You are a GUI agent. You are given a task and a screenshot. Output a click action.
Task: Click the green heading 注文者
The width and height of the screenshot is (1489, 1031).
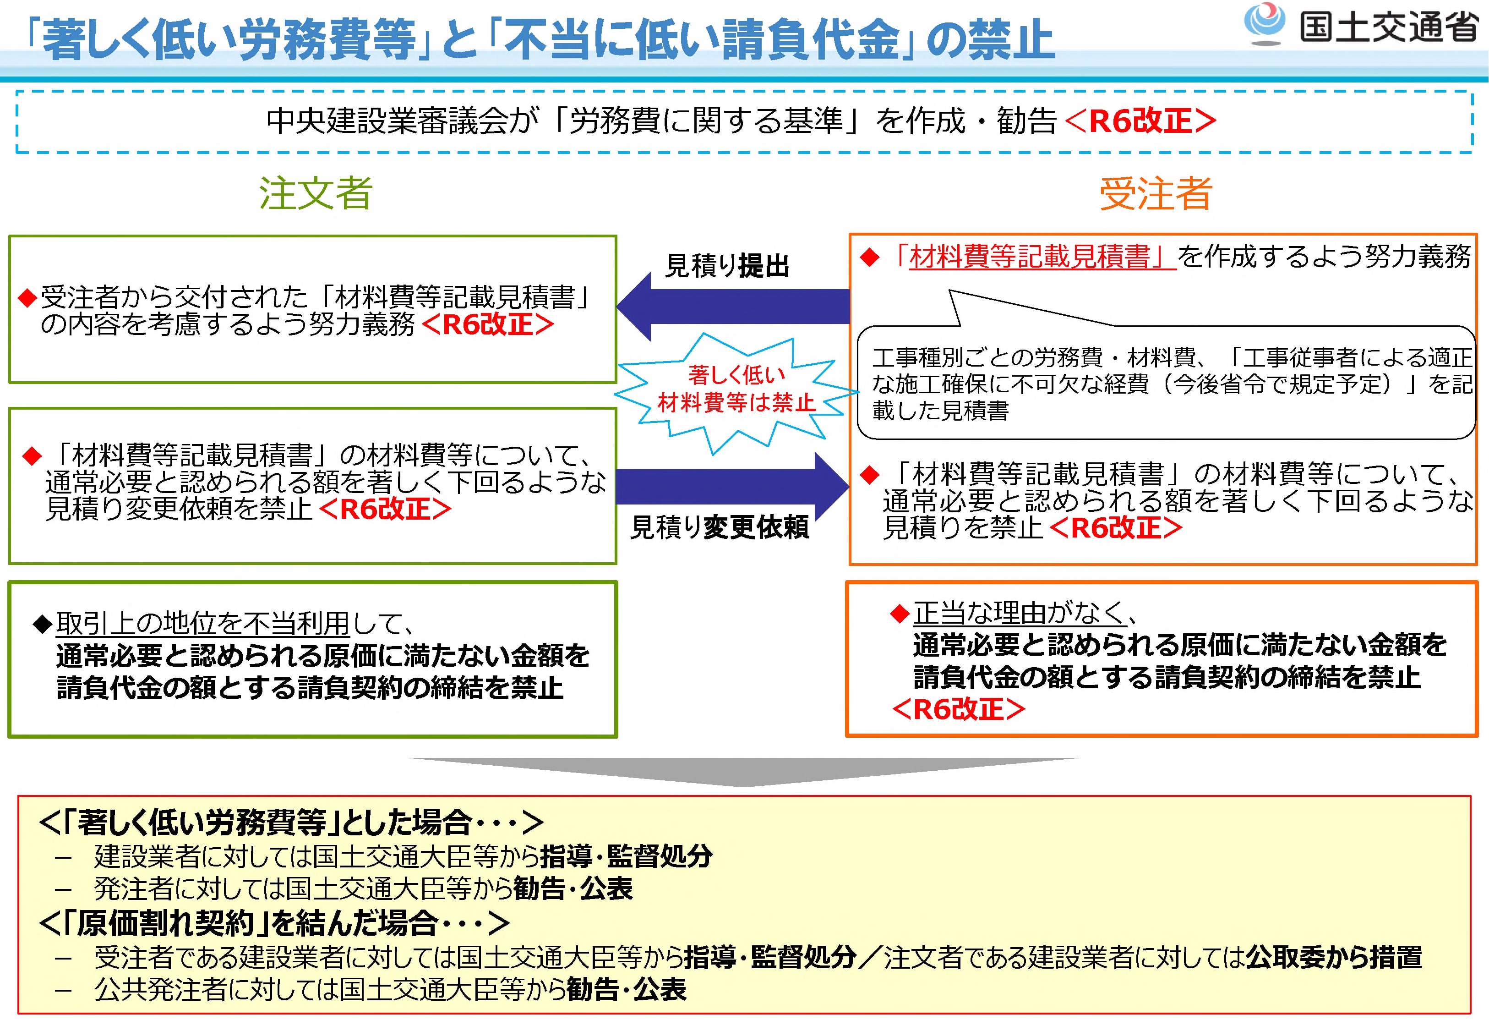point(316,193)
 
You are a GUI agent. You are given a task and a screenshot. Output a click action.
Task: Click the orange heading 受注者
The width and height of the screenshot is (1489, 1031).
point(1156,193)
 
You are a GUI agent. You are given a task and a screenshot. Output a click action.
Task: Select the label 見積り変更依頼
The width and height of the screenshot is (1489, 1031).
point(720,527)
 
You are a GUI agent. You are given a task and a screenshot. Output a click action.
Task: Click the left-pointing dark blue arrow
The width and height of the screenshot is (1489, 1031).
point(733,306)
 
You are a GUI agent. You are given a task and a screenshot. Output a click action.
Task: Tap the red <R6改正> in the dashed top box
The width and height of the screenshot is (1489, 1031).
point(1140,121)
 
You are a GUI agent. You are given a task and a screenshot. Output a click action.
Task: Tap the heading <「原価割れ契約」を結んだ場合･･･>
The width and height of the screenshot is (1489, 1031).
point(274,923)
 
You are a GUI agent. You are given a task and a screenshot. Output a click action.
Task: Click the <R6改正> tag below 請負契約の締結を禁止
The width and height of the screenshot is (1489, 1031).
point(958,709)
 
